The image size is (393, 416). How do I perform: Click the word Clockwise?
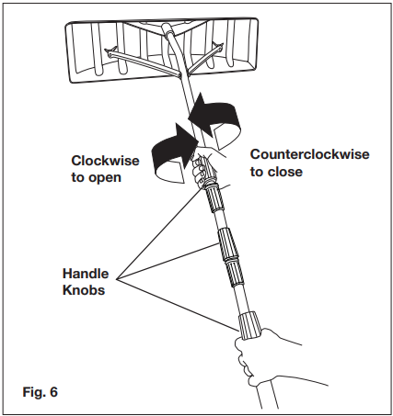pos(105,161)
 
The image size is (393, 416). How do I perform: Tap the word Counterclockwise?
pos(309,154)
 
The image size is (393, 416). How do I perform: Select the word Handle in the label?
pos(86,274)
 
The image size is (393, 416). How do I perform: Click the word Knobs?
pos(84,290)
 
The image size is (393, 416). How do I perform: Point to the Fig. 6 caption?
pos(40,392)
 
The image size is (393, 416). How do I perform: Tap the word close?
pos(284,172)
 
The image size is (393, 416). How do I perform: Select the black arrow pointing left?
pos(214,118)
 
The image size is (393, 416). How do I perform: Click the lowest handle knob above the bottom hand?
pos(249,325)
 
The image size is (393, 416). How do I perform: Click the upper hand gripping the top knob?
pos(204,163)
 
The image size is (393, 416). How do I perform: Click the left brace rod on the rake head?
pos(143,62)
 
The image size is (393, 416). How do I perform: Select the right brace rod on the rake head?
pos(202,60)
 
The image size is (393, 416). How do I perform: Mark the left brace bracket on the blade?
pos(110,51)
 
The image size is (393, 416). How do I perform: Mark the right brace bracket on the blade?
pos(218,45)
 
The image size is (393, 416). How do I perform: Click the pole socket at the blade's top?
pos(168,30)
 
